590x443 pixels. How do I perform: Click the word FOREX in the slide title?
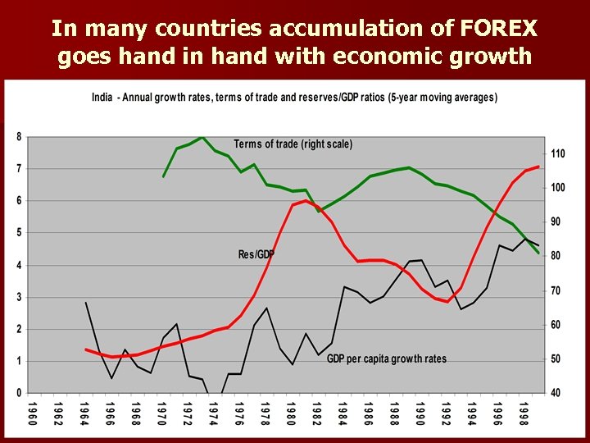[497, 29]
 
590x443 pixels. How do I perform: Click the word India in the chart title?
[102, 97]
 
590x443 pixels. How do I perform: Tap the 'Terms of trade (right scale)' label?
[293, 144]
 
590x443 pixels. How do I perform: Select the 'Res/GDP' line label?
[256, 255]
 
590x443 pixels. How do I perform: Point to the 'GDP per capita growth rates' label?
[386, 359]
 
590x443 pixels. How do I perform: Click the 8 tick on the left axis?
[19, 136]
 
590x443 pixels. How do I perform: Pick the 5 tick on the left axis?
[19, 232]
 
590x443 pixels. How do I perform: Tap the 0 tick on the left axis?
[19, 393]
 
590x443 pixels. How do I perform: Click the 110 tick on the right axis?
[557, 153]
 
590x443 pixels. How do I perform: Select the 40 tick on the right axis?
[556, 393]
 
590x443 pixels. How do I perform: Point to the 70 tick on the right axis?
[556, 290]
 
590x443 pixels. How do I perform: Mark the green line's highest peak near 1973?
[202, 137]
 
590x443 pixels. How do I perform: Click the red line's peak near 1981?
[306, 200]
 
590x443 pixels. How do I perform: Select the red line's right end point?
[538, 167]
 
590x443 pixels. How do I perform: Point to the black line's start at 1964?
[86, 303]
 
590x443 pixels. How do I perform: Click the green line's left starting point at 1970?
[163, 176]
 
